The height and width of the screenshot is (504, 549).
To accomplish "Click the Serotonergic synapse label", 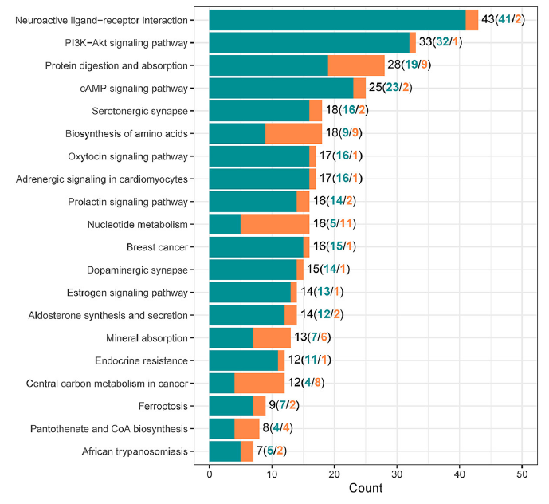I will coord(139,111).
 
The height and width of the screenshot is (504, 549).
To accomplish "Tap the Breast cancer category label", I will coord(158,247).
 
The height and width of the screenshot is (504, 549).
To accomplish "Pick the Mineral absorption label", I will coord(147,338).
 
